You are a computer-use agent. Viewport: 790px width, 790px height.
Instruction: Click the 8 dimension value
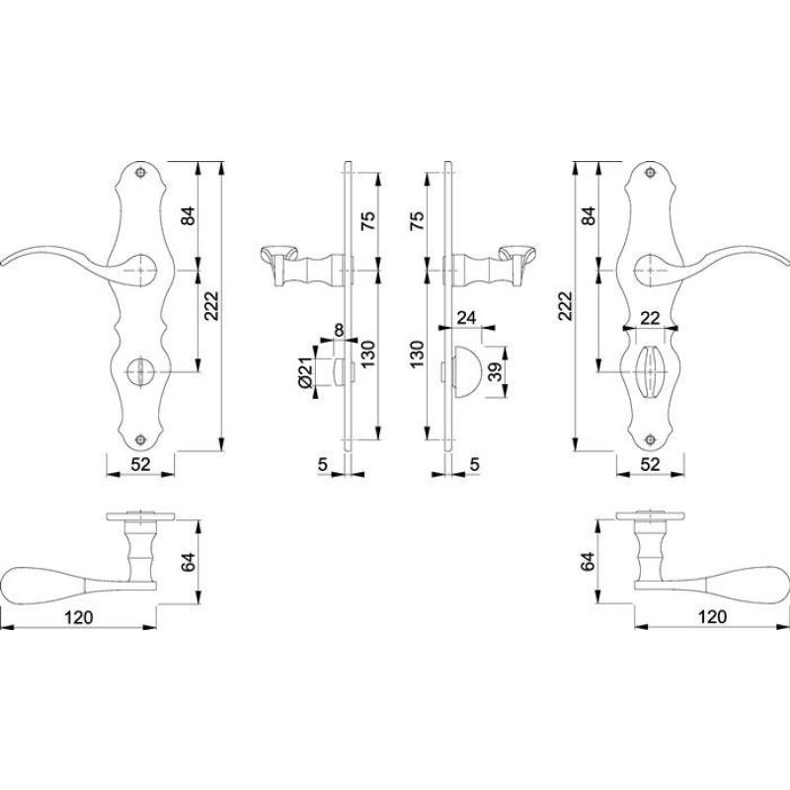click(x=339, y=330)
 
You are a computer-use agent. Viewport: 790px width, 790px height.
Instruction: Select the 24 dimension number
click(x=466, y=317)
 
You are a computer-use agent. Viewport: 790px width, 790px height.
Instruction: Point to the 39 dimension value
click(x=497, y=372)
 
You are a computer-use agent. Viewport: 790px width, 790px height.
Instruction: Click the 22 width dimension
click(x=650, y=318)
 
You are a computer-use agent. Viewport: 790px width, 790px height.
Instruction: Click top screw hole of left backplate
click(x=140, y=173)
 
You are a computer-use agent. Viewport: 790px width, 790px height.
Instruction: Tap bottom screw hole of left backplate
click(x=140, y=439)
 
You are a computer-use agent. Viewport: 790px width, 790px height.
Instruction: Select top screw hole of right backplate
click(x=651, y=173)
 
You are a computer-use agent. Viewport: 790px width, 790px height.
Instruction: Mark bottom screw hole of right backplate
click(x=651, y=439)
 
